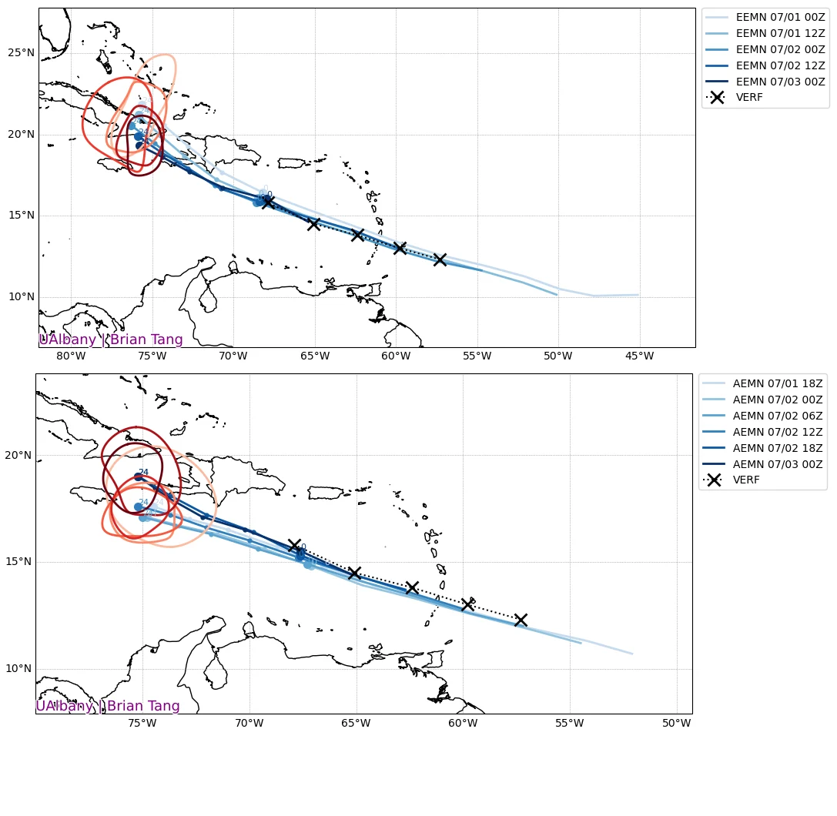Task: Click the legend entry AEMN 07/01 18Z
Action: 777,383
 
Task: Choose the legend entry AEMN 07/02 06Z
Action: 777,415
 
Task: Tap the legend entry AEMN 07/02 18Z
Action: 777,447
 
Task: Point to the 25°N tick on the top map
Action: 21,53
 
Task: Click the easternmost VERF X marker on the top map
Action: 440,259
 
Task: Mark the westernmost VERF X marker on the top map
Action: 268,202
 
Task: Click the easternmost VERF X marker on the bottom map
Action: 521,620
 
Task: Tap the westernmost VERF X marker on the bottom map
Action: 294,545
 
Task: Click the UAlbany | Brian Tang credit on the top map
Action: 111,339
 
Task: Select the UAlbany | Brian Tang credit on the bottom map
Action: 108,706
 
